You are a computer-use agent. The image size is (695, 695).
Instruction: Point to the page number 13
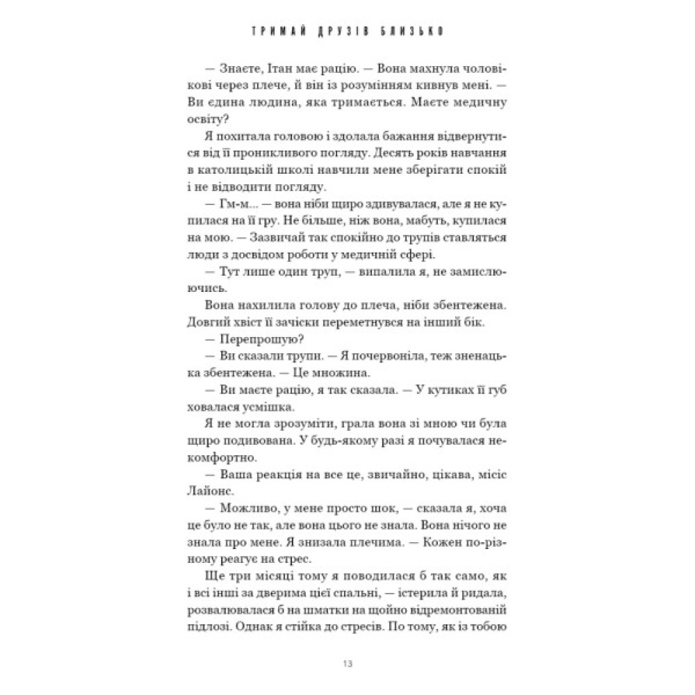click(347, 661)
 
